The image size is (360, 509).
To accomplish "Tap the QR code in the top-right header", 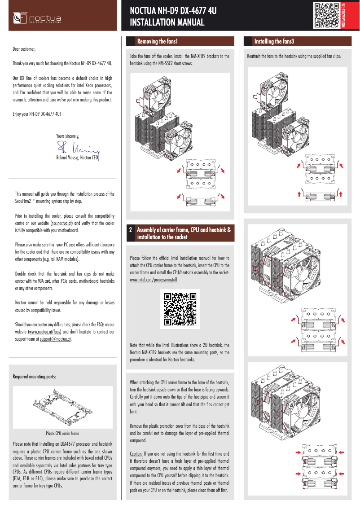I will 326,16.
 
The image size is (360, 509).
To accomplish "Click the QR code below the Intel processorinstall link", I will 180,309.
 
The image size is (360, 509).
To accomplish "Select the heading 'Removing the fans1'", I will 158,42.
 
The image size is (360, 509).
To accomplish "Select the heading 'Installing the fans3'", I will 274,42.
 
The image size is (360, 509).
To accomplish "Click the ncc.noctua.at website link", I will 62,223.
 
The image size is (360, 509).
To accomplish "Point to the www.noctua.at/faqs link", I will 44,332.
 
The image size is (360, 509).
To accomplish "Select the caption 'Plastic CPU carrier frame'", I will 62,434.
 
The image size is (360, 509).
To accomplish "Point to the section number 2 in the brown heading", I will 131,230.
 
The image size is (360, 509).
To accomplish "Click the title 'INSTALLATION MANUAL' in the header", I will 167,23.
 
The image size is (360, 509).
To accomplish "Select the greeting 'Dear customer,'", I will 24,48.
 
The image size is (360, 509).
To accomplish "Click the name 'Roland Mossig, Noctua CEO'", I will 77,158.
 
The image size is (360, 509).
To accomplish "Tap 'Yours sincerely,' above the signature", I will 68,136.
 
